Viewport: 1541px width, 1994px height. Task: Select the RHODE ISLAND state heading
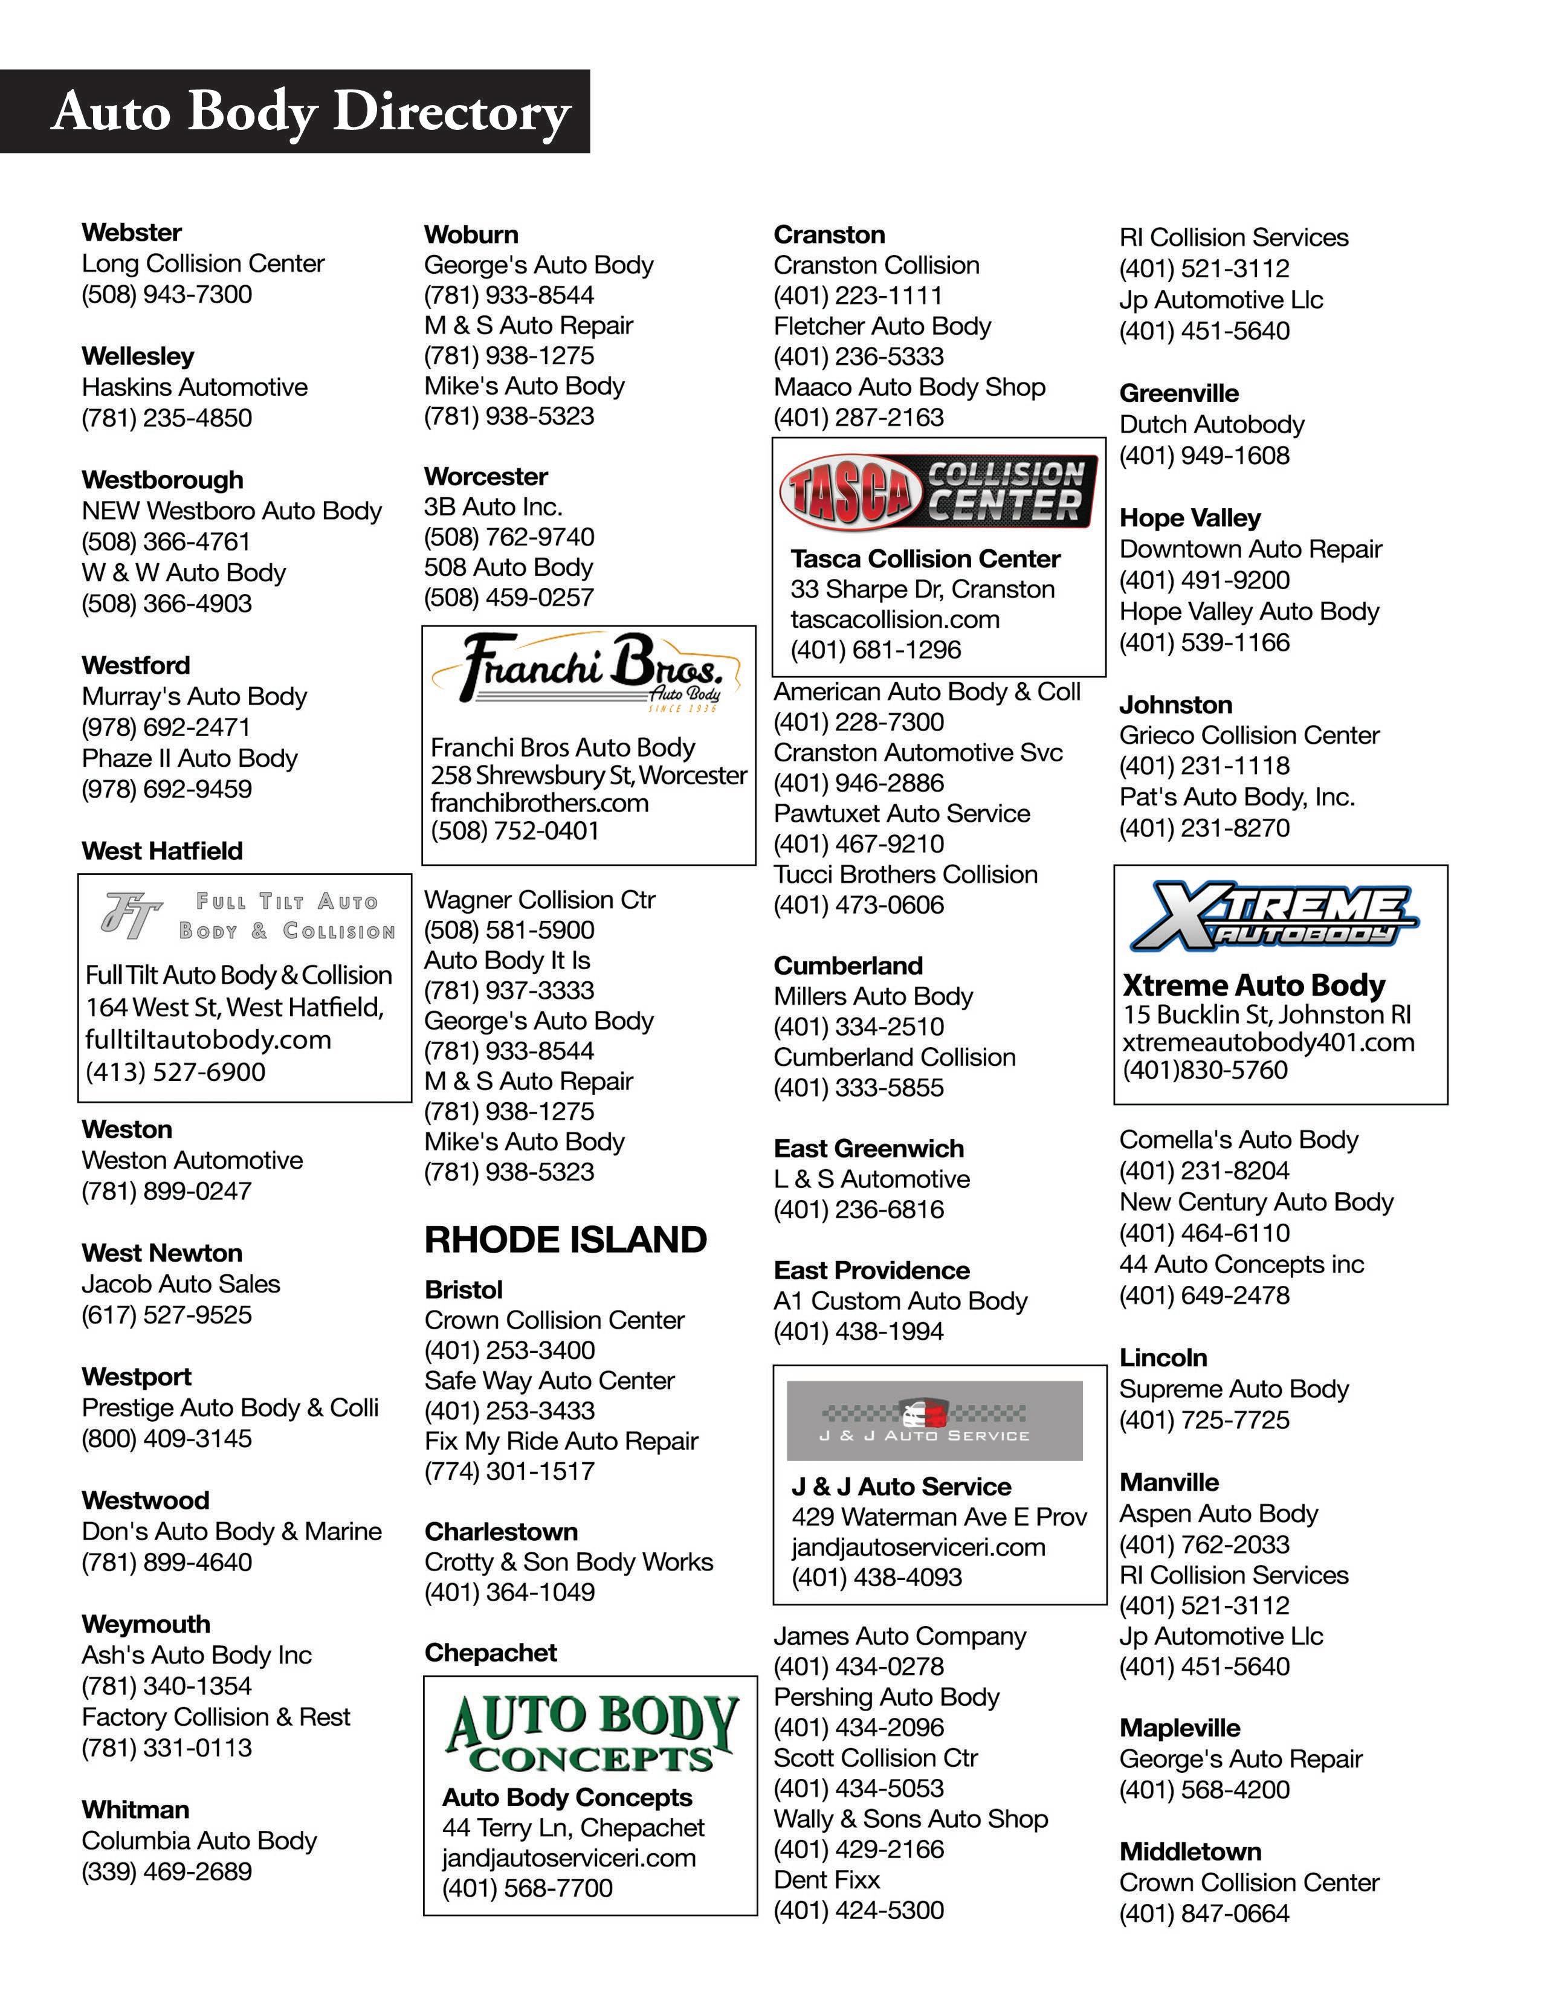[x=565, y=1240]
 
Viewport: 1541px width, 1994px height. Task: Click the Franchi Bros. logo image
[x=589, y=672]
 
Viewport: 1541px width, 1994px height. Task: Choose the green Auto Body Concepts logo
[x=590, y=1733]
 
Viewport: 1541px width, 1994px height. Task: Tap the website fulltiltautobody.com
[x=208, y=1039]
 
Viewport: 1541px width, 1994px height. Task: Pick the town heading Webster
[x=132, y=232]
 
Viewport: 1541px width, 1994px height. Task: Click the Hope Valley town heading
[x=1189, y=518]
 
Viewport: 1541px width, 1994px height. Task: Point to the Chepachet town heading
[x=490, y=1653]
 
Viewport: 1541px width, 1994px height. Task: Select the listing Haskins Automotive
[x=195, y=387]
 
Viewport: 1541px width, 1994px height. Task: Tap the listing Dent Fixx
[x=826, y=1880]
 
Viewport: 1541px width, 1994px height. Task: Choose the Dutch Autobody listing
[x=1212, y=425]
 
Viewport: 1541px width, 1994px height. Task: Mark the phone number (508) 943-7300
[x=166, y=294]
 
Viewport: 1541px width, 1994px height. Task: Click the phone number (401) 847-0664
[x=1204, y=1914]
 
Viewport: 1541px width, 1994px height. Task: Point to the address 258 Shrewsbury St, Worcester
[x=589, y=775]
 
